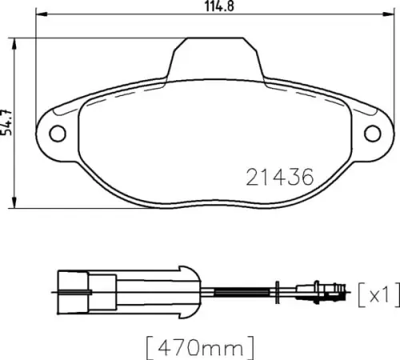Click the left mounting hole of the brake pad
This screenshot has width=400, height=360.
pos(57,133)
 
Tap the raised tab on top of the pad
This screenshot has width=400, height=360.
pos(212,58)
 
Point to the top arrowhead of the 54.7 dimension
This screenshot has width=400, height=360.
pos(18,40)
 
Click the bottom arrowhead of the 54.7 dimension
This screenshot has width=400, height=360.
pos(18,205)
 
